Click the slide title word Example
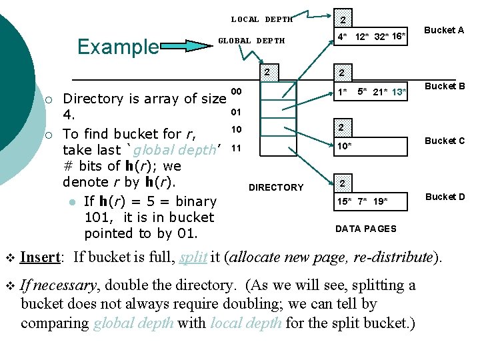(118, 47)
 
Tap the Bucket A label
(444, 30)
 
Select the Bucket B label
(445, 86)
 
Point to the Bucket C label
(445, 141)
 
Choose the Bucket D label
(445, 196)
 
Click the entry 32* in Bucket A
(382, 35)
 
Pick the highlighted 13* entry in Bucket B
(399, 91)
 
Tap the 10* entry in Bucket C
(344, 146)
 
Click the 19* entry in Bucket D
(380, 200)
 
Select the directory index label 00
(235, 91)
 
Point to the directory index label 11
(235, 147)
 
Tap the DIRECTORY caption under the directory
(275, 187)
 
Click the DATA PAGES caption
(365, 229)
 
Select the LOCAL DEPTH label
(262, 19)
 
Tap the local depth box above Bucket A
(343, 19)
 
